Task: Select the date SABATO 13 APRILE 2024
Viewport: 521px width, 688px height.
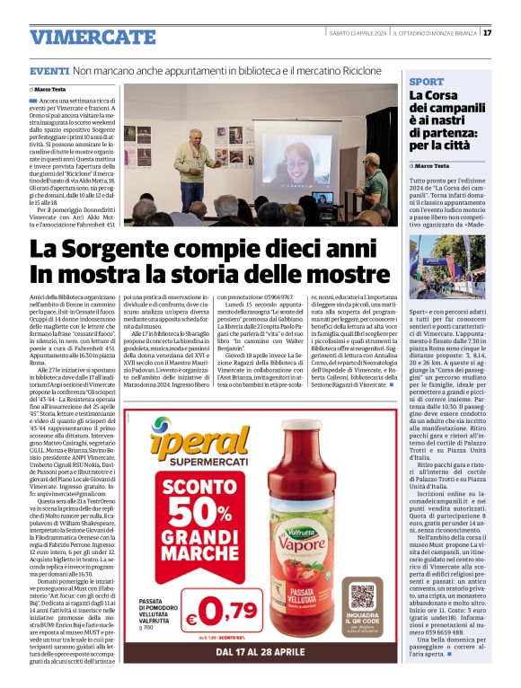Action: [356, 33]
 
